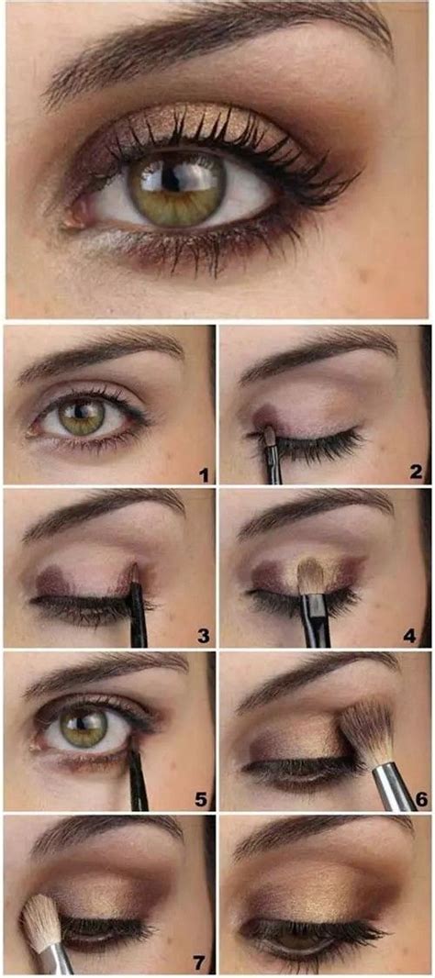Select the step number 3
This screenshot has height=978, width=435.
[x=203, y=635]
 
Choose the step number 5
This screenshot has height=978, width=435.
[x=203, y=798]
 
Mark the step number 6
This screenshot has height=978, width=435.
[x=421, y=798]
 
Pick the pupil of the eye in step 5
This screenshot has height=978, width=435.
[x=84, y=728]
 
